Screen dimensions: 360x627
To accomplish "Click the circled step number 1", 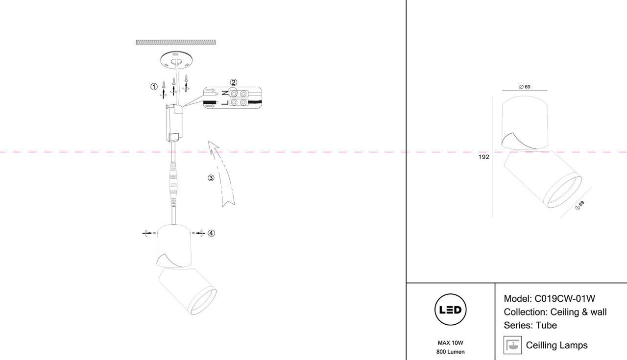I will (x=154, y=87).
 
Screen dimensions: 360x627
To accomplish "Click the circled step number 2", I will (x=234, y=82).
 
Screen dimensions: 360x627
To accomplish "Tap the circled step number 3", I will (x=211, y=178).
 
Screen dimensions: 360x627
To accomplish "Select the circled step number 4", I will (x=211, y=233).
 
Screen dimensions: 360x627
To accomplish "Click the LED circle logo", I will (x=451, y=310).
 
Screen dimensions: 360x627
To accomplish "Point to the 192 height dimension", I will (x=484, y=157).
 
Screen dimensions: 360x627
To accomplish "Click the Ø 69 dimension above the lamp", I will (x=525, y=87).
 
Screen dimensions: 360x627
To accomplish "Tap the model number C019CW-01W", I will (x=564, y=299).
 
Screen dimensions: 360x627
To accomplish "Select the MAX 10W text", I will (x=451, y=342).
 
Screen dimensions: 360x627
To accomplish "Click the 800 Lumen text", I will (x=451, y=352).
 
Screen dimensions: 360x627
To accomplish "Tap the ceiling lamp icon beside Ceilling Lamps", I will (x=512, y=345).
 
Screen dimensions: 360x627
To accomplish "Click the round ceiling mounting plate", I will (x=176, y=61).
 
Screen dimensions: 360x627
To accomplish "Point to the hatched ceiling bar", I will (x=176, y=43).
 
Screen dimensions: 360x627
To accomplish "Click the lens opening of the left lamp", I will (x=203, y=301).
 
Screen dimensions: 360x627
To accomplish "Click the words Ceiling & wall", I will (x=579, y=312).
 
